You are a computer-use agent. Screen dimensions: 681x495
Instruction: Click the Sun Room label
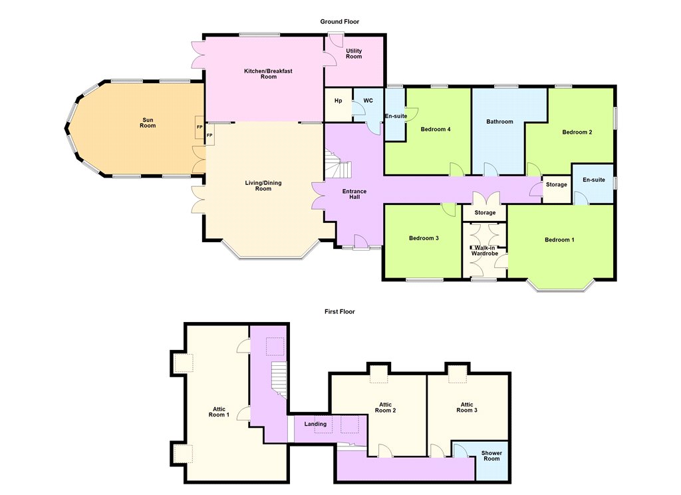tap(148, 123)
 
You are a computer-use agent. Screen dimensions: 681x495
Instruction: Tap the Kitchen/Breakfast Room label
tap(268, 74)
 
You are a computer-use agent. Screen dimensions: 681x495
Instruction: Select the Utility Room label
tap(354, 53)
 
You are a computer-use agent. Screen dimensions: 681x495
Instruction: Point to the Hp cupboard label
tap(339, 101)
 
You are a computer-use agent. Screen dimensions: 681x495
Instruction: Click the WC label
tap(368, 101)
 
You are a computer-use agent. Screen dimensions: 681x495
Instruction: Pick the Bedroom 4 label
tap(436, 129)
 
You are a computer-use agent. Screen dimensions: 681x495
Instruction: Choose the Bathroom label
tap(499, 122)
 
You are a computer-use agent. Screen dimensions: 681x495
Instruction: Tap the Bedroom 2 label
tap(577, 132)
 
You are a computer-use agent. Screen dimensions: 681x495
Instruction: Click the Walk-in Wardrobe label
tap(485, 251)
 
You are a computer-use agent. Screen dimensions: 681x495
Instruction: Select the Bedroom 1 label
tap(559, 240)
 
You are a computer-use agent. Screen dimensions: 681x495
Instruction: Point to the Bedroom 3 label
tap(424, 238)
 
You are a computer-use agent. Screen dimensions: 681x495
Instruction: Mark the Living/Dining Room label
tap(263, 186)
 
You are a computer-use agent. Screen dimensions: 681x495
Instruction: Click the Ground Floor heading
tap(340, 22)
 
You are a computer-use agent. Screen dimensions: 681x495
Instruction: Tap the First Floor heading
tap(340, 311)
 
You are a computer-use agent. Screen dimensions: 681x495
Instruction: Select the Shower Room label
tap(491, 456)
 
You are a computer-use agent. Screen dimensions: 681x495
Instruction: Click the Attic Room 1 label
tap(219, 412)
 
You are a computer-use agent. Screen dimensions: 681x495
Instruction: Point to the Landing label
tap(315, 424)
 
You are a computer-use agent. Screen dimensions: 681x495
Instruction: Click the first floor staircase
tap(279, 379)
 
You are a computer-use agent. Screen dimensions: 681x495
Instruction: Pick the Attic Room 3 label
tap(467, 407)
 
